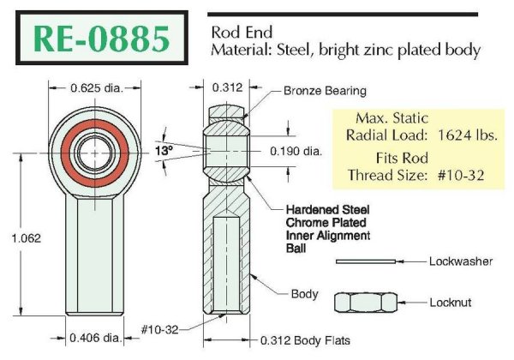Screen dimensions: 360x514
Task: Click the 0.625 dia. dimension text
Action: tap(93, 87)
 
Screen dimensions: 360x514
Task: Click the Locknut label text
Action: tap(451, 302)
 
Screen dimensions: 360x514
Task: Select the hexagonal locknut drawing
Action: tap(365, 302)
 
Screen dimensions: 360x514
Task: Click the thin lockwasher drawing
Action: tap(365, 261)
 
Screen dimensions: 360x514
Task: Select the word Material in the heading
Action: tap(240, 51)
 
